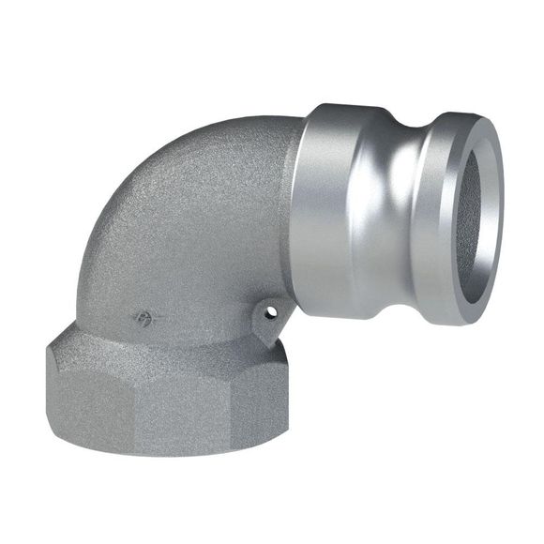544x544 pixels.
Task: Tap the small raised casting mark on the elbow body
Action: (144, 318)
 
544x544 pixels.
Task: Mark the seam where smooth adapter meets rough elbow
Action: (296, 216)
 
